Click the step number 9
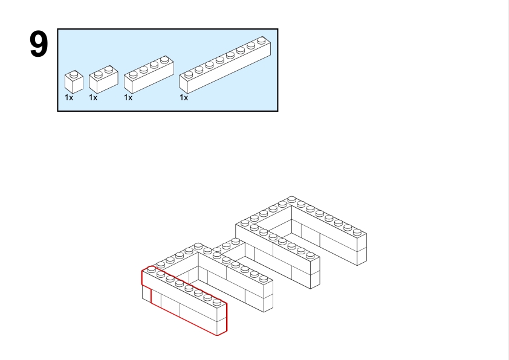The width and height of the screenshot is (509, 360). (39, 44)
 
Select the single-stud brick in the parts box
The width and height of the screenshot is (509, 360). (74, 82)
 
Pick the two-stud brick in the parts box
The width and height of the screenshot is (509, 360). (103, 80)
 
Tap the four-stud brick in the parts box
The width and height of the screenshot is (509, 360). (149, 75)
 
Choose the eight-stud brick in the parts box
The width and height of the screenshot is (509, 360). (225, 65)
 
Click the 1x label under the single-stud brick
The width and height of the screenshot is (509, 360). (69, 98)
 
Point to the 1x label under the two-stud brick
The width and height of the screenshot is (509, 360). (93, 98)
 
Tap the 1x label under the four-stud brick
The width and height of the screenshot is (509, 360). (128, 98)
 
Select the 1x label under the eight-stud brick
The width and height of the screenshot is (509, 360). (184, 98)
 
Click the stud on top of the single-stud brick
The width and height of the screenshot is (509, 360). (74, 74)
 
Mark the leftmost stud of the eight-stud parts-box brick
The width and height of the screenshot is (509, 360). (189, 74)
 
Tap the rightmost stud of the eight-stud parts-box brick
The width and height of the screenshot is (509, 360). (261, 40)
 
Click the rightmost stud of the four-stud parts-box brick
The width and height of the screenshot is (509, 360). (164, 59)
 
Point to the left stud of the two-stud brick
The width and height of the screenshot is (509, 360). (99, 74)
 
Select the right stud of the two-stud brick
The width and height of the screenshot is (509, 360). (109, 69)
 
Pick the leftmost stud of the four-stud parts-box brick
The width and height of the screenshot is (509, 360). (134, 74)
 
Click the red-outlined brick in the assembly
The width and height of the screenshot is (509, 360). (184, 301)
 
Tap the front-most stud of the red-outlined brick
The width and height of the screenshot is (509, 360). (217, 302)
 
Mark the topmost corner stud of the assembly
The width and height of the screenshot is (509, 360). (291, 199)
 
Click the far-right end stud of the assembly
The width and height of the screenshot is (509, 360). (357, 231)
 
